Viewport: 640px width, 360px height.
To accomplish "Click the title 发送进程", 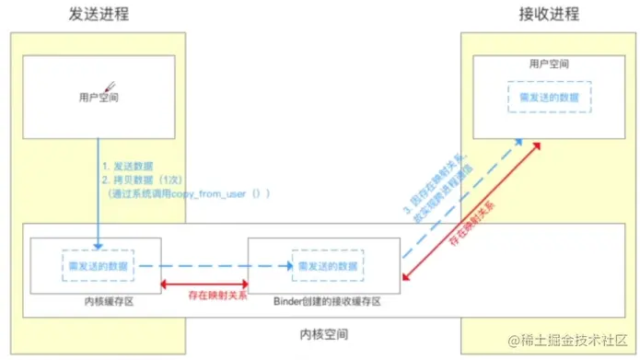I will point(98,15).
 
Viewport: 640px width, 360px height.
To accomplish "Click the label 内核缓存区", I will point(95,301).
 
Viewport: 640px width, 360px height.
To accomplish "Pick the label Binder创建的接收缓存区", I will point(323,301).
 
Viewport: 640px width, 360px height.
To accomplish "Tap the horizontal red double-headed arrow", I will point(204,284).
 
